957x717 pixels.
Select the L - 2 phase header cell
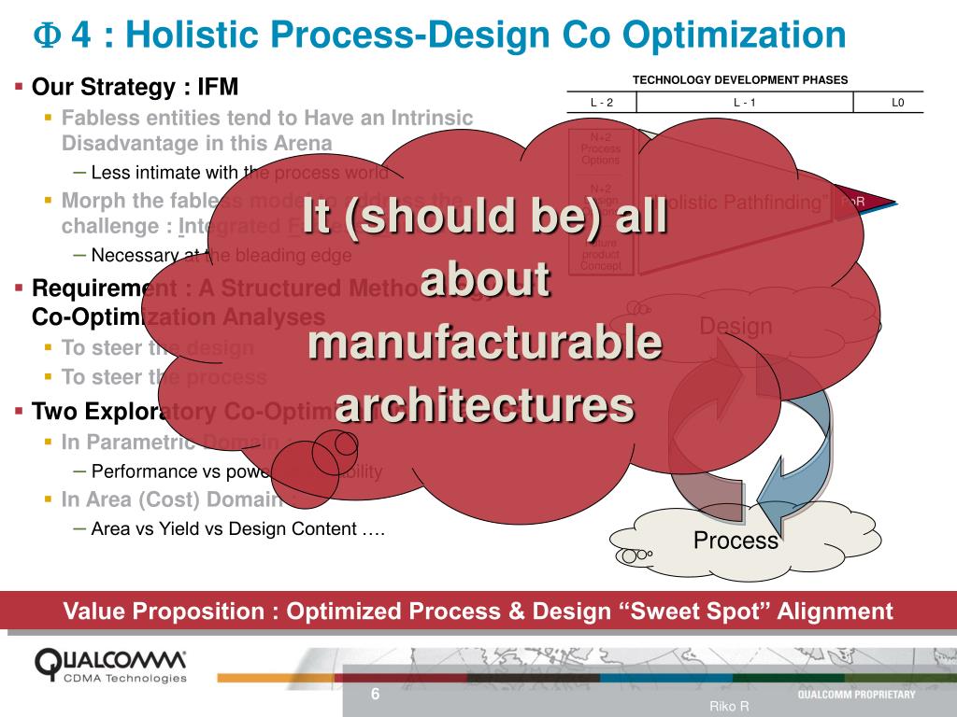tap(602, 103)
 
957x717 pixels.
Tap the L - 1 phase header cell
tap(745, 103)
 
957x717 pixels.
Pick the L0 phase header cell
tap(897, 103)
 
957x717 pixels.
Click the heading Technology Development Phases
tap(740, 80)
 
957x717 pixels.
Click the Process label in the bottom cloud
tap(736, 541)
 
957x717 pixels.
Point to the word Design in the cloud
tap(736, 326)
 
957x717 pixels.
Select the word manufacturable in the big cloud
tap(485, 344)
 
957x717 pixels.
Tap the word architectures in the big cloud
tap(485, 405)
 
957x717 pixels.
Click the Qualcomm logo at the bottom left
tap(110, 664)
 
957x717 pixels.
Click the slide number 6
tap(376, 695)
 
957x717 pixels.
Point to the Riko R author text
tap(729, 707)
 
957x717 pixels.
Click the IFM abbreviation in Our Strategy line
tap(218, 88)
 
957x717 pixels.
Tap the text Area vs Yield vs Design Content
tap(238, 528)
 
